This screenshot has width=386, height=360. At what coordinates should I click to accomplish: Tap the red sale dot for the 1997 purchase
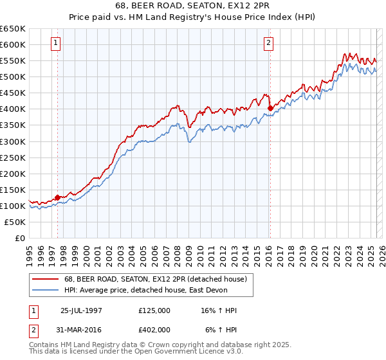pyautogui.click(x=57, y=197)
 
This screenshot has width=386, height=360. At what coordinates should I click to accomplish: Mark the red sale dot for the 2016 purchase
pyautogui.click(x=270, y=108)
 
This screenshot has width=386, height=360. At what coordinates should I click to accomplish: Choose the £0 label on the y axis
pyautogui.click(x=19, y=238)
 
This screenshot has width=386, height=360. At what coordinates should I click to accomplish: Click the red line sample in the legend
pyautogui.click(x=46, y=279)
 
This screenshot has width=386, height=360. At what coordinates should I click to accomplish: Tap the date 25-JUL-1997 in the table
pyautogui.click(x=81, y=310)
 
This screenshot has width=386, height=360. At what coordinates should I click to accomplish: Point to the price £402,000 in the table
pyautogui.click(x=154, y=330)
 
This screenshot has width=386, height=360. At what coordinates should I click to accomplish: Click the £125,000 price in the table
pyautogui.click(x=154, y=310)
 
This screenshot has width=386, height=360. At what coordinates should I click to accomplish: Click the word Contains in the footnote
pyautogui.click(x=44, y=346)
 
